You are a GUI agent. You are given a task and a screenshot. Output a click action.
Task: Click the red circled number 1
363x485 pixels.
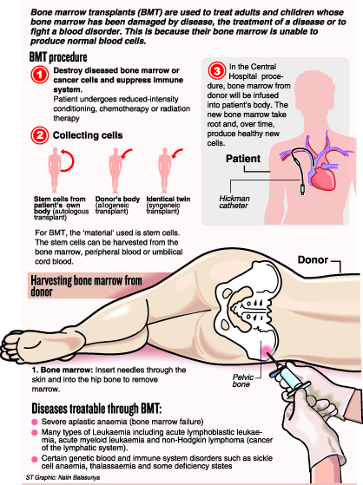[x=40, y=75]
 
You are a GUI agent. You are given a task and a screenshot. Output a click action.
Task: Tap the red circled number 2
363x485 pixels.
[x=40, y=135]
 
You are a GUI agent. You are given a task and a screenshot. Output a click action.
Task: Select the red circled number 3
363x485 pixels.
[x=217, y=71]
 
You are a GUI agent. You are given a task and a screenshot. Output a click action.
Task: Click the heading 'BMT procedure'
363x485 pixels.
[x=58, y=57]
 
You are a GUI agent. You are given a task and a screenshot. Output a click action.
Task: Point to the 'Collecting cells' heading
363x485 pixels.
[x=88, y=135]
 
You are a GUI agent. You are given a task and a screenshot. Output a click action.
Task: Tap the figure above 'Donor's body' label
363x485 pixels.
[x=115, y=170]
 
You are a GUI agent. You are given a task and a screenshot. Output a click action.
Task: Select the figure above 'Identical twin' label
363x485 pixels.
[x=164, y=170]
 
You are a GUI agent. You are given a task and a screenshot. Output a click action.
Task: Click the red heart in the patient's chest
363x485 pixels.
[x=324, y=177]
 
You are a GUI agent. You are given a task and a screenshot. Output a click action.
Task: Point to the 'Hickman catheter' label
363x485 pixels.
[x=234, y=202]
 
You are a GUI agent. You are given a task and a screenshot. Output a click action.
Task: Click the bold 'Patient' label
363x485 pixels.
[x=243, y=159]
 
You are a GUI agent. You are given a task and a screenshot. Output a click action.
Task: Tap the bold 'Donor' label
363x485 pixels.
[x=313, y=259]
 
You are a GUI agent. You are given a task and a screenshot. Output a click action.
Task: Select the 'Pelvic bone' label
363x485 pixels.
[x=243, y=381]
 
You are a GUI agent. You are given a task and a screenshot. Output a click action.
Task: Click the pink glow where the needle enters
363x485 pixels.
[x=266, y=350]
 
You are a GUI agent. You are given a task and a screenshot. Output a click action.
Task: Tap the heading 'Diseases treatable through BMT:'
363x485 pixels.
[x=96, y=409]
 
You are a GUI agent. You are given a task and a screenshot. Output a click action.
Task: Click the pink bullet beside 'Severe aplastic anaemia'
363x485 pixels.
[x=35, y=422]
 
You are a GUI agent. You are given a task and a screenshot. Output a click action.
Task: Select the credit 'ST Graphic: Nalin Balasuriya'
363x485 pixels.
[x=63, y=477]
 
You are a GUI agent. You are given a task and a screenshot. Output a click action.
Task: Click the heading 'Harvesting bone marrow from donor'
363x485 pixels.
[x=86, y=285]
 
